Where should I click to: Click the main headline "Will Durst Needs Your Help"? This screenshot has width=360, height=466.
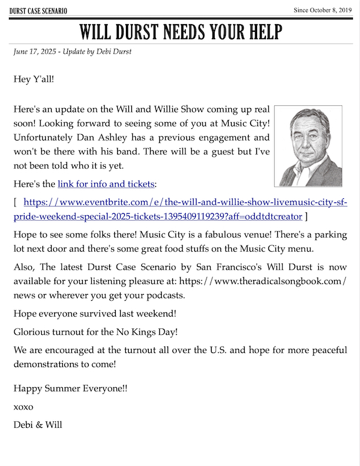click(x=180, y=31)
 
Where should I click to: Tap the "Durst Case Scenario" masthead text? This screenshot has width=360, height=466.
click(x=38, y=11)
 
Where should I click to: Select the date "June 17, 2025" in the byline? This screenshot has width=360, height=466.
click(x=35, y=51)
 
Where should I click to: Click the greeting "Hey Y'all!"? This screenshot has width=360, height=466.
click(x=34, y=78)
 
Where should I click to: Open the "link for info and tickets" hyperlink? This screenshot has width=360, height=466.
click(x=106, y=184)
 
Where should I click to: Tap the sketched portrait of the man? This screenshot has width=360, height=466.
click(x=308, y=146)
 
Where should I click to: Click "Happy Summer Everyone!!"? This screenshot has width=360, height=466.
click(x=70, y=388)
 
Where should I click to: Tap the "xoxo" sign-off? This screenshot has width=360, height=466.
click(x=24, y=407)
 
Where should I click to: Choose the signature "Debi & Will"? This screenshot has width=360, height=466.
click(x=38, y=424)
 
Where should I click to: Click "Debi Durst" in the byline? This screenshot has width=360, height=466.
click(x=115, y=51)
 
